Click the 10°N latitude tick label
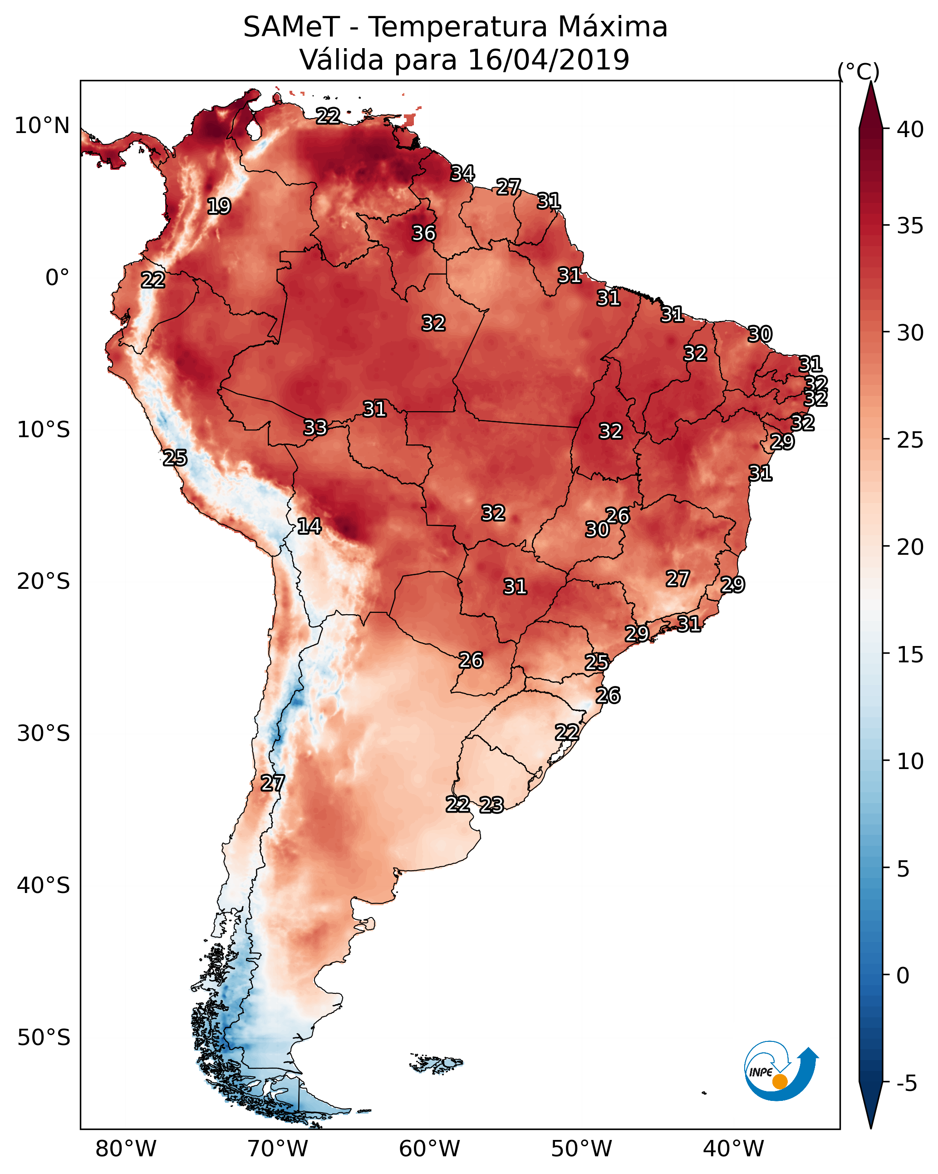pos(42,126)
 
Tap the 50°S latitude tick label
pos(44,1038)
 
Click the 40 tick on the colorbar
pos(910,129)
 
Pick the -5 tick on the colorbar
pos(907,1084)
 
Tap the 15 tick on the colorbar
pos(910,655)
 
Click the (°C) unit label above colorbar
pos(859,71)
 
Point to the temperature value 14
pos(309,526)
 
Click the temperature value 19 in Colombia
pos(219,207)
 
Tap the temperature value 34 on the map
pos(462,173)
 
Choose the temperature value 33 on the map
pos(314,428)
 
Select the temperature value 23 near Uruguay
pos(491,805)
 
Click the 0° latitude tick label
pos(57,278)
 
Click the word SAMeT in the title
pos(291,27)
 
